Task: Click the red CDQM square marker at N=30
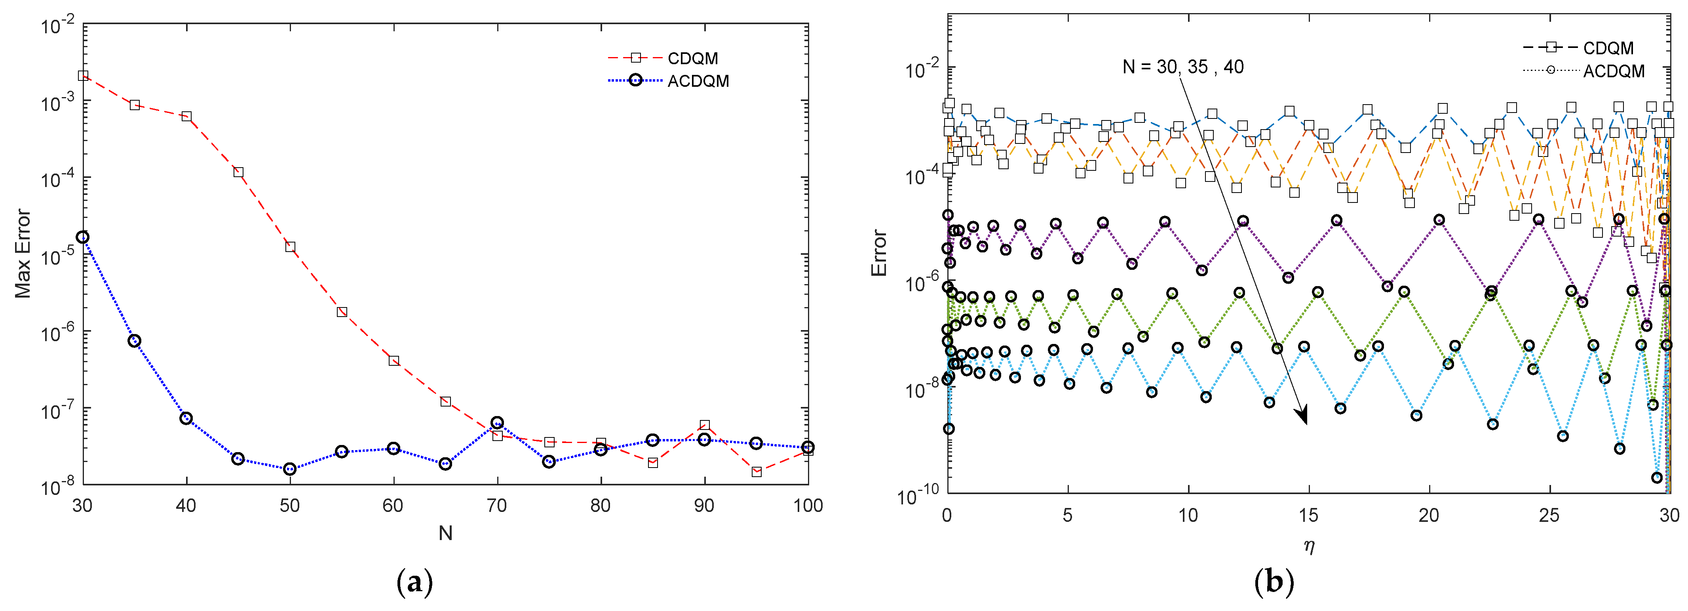pyautogui.click(x=83, y=75)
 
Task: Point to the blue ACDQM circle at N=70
pyautogui.click(x=497, y=423)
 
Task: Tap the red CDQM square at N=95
pyautogui.click(x=756, y=472)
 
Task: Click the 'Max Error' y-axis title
pyautogui.click(x=23, y=254)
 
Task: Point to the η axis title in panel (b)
pyautogui.click(x=1309, y=546)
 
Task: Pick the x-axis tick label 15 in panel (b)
pyautogui.click(x=1309, y=515)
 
